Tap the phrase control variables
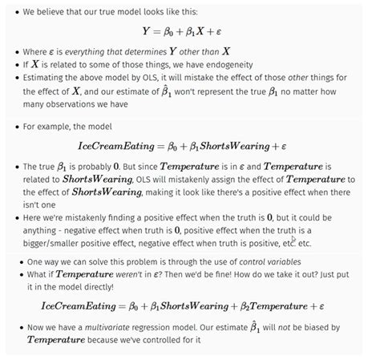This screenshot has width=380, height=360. [251, 261]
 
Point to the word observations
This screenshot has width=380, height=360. [95, 103]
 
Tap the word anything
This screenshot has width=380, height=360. [46, 229]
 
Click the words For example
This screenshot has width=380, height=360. [48, 126]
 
